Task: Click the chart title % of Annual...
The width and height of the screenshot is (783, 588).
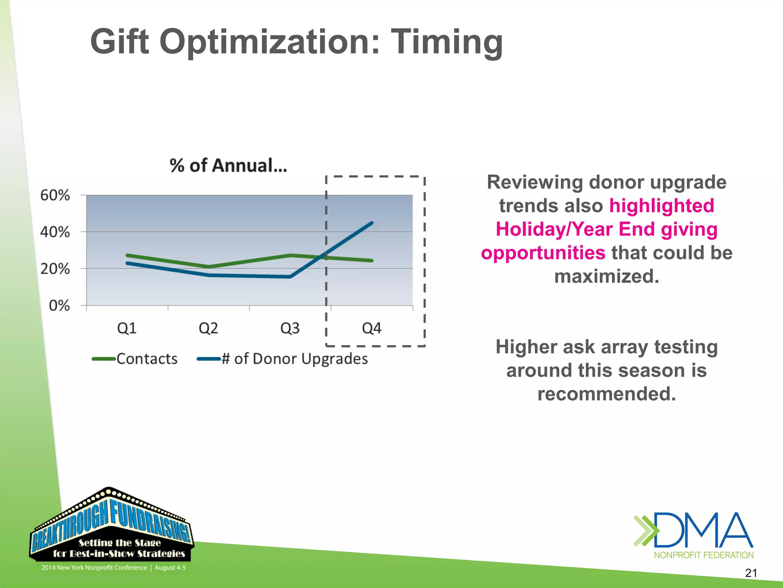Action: click(x=228, y=166)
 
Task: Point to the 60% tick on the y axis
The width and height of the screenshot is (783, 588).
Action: click(x=55, y=196)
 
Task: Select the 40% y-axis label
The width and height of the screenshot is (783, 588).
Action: click(x=55, y=232)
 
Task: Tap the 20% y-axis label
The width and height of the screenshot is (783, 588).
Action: click(x=55, y=269)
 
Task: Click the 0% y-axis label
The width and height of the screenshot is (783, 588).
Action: click(x=59, y=306)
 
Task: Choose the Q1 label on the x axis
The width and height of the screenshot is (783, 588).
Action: click(x=127, y=328)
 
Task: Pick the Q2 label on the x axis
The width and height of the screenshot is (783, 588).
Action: click(x=208, y=328)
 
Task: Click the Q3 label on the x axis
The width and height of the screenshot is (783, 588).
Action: click(x=290, y=328)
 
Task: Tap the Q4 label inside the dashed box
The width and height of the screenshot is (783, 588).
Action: click(x=372, y=328)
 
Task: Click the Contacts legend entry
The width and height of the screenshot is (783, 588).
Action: click(x=147, y=359)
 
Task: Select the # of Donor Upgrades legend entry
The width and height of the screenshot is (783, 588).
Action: click(x=294, y=359)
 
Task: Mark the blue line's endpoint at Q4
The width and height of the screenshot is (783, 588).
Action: click(x=372, y=223)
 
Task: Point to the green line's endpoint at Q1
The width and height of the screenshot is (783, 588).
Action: click(x=127, y=255)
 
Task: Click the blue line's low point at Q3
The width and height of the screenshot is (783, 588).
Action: click(x=290, y=276)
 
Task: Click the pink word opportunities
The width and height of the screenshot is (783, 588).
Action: click(x=543, y=253)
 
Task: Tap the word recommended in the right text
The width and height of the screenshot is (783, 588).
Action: click(x=606, y=394)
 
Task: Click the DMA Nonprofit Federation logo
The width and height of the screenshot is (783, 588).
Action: click(x=693, y=535)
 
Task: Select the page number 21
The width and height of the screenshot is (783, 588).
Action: click(x=751, y=573)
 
